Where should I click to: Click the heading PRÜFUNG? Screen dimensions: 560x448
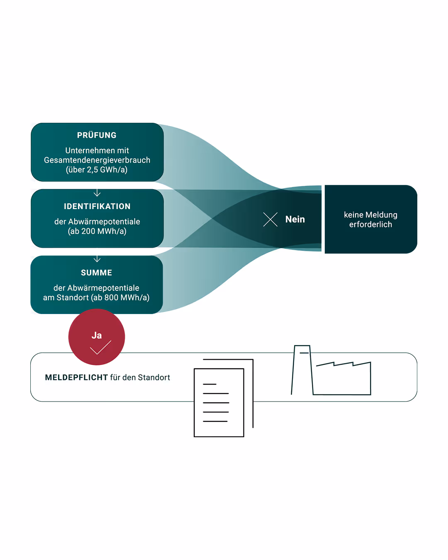(x=97, y=135)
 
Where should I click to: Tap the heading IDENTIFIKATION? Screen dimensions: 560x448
(x=97, y=206)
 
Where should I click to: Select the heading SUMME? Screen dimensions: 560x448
(x=96, y=273)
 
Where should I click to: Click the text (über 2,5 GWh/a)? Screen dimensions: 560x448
(x=97, y=170)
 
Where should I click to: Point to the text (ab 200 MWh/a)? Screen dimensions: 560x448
(x=97, y=231)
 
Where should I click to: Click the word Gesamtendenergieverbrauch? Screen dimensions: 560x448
(x=97, y=160)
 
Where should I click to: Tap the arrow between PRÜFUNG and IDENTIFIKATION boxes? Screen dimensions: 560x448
(x=97, y=193)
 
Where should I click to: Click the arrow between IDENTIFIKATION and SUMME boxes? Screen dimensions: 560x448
(x=97, y=259)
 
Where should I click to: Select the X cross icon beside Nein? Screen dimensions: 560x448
(x=270, y=219)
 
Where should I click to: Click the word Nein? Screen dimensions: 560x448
(x=295, y=219)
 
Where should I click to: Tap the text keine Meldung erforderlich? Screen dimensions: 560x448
(x=370, y=219)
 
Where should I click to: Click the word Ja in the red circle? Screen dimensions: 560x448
(x=97, y=335)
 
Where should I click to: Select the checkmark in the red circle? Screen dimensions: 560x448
(x=100, y=348)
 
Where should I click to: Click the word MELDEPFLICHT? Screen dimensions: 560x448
(x=76, y=377)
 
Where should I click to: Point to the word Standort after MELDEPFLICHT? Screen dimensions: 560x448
(x=154, y=377)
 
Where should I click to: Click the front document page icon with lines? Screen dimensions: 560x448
(x=219, y=402)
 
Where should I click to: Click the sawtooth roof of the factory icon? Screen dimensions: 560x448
(x=343, y=364)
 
